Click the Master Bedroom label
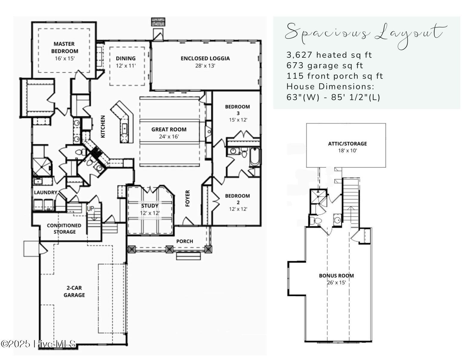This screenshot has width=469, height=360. (64, 47)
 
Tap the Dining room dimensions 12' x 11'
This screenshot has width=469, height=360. (126, 66)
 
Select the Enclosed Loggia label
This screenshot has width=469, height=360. (205, 58)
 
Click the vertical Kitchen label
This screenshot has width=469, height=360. (103, 127)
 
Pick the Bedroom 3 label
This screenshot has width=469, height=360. (237, 110)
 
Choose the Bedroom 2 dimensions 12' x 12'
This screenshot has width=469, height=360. (238, 209)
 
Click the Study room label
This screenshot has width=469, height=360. (150, 206)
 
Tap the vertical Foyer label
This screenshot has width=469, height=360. (188, 198)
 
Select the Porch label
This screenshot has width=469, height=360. (185, 241)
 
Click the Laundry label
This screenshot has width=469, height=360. (45, 192)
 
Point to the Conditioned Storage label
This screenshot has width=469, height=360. (64, 229)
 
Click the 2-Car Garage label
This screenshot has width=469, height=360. (74, 291)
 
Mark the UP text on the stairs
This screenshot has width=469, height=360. (90, 209)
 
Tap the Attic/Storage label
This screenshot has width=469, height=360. (347, 144)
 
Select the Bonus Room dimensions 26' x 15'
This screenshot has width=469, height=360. (336, 283)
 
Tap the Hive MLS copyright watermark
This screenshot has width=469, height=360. (38, 344)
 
